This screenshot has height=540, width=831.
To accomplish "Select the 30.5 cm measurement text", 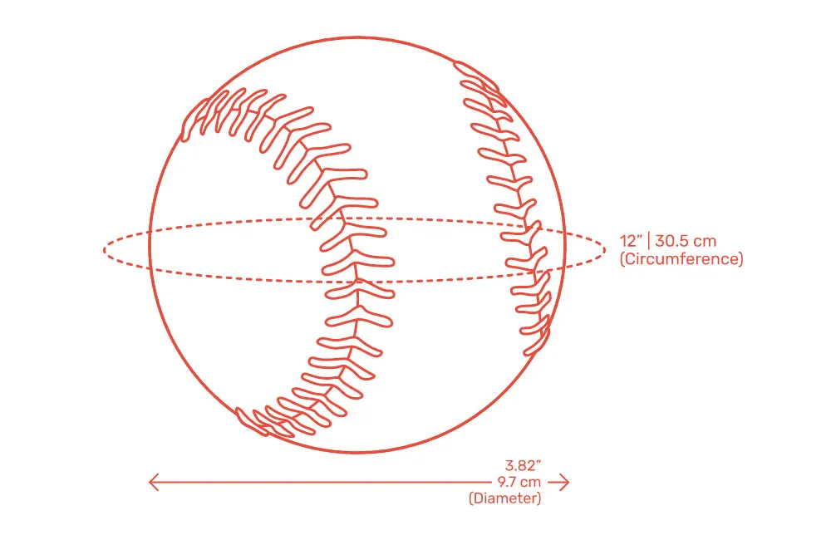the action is pyautogui.click(x=686, y=242).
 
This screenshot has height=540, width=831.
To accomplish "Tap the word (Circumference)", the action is pyautogui.click(x=681, y=259).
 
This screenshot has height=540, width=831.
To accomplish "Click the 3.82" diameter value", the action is pyautogui.click(x=524, y=465).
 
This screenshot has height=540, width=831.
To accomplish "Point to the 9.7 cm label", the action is pyautogui.click(x=519, y=482).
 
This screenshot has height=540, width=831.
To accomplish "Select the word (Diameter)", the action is pyautogui.click(x=505, y=498).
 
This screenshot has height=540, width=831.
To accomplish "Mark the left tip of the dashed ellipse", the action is pyautogui.click(x=104, y=250).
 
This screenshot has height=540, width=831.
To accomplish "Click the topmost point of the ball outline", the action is pyautogui.click(x=357, y=37).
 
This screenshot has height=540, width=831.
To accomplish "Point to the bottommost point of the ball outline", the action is pyautogui.click(x=357, y=454).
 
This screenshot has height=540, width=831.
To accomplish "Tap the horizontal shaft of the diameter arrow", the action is pyautogui.click(x=332, y=482).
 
